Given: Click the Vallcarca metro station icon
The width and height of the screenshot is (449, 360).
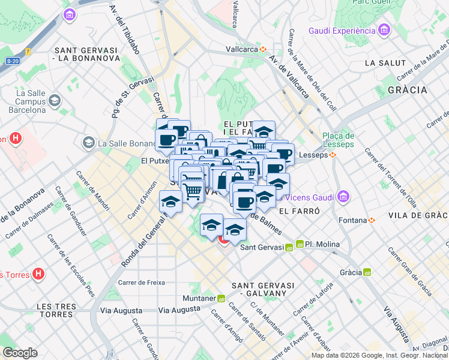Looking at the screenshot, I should pyautogui.click(x=262, y=49).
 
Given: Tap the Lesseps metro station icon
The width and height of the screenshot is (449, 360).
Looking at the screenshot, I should pyautogui.click(x=332, y=155).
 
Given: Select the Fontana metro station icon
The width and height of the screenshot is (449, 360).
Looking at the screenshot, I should pyautogui.click(x=372, y=220).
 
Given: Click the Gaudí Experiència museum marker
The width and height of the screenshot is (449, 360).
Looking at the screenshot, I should pyautogui.click(x=384, y=30).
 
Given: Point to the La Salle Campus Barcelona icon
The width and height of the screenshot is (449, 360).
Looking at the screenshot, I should pyautogui.click(x=55, y=100).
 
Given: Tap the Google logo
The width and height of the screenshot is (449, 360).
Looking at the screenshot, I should pyautogui.click(x=20, y=352).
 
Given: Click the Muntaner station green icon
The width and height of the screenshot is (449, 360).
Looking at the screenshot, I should pyautogui.click(x=221, y=298).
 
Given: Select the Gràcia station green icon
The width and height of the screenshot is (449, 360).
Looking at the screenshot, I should pyautogui.click(x=367, y=272).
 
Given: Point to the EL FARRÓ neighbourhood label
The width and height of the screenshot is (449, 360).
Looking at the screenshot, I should pyautogui.click(x=298, y=211).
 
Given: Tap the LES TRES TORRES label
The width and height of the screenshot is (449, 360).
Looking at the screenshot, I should pyautogui.click(x=57, y=310).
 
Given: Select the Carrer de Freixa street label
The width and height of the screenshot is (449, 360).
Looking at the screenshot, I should pyautogui.click(x=142, y=282).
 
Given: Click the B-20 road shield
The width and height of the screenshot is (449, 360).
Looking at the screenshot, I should pyautogui.click(x=13, y=61).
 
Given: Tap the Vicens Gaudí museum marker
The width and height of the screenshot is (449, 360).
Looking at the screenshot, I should pyautogui.click(x=343, y=196).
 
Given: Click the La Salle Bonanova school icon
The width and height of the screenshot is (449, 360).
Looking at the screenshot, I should pyautogui.click(x=89, y=142).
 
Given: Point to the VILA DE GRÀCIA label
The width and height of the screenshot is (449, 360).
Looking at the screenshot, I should pyautogui.click(x=418, y=215).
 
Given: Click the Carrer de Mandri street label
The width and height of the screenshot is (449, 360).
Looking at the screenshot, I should pyautogui.click(x=93, y=191).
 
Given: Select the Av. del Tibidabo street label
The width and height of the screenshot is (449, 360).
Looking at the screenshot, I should pyautogui.click(x=124, y=29).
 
